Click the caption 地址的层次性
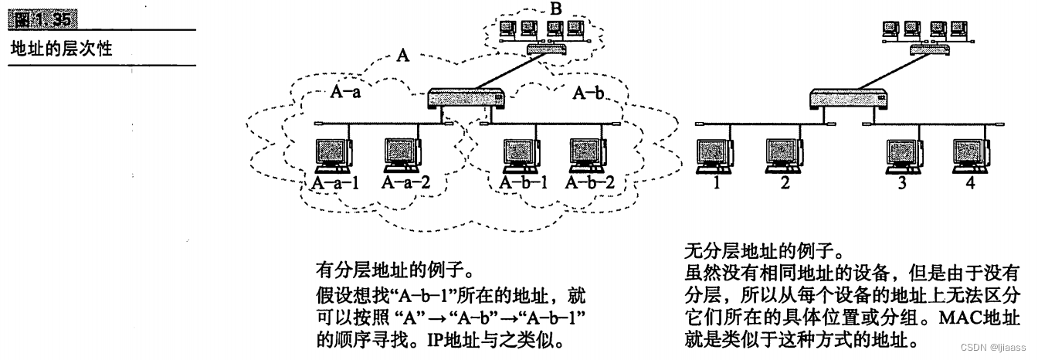62,48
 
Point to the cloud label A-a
347,93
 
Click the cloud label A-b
588,93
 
